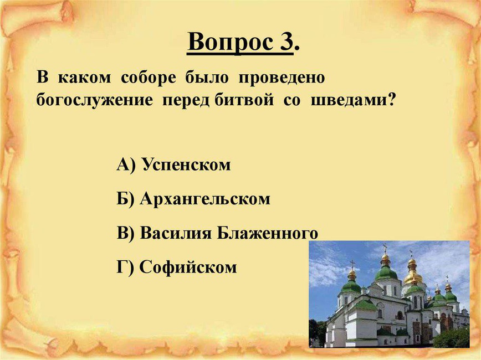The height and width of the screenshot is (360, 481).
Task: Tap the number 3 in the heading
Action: point(286,41)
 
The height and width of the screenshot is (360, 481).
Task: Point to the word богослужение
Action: point(94,100)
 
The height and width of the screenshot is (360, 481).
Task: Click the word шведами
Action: point(349,100)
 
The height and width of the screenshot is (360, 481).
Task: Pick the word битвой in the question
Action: point(244,100)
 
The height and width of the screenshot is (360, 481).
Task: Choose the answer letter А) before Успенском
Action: point(126,165)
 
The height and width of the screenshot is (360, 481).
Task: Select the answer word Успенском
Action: point(187,165)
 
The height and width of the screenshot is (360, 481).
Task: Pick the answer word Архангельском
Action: point(205,199)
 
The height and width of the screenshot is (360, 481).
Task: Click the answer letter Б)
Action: point(125,199)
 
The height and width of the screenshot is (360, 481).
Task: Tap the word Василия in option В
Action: point(176,233)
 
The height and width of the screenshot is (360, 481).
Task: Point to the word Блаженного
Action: point(268,234)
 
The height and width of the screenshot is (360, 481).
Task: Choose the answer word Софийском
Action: point(188,268)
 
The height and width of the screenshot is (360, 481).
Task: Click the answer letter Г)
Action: point(125,268)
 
